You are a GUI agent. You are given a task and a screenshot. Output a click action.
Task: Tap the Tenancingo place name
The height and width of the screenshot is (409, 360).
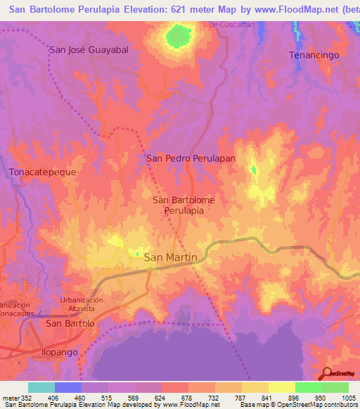tap(314, 54)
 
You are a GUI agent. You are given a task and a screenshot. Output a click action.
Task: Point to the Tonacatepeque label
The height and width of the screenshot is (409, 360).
tap(41, 171)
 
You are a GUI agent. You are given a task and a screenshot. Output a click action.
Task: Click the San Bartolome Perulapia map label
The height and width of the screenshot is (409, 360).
tap(184, 204)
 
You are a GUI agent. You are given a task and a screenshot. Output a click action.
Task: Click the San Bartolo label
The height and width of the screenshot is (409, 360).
tap(70, 323)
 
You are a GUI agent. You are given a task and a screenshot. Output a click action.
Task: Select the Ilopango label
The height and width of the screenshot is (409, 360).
tap(68, 351)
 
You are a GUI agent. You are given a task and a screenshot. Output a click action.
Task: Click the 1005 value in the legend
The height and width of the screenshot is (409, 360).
tap(348, 398)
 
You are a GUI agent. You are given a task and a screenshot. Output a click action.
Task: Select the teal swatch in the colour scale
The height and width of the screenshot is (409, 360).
tap(41, 387)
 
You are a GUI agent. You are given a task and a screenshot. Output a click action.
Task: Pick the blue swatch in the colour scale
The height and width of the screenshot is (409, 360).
tap(67, 387)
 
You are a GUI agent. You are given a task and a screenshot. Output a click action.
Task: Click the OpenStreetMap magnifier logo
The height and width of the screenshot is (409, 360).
tap(326, 373)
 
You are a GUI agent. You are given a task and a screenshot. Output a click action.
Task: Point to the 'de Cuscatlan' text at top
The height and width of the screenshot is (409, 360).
tap(230, 25)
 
